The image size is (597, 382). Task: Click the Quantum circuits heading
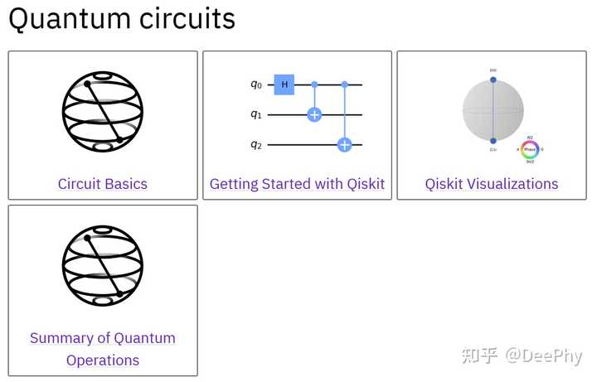122,18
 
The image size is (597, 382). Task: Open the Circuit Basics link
103,184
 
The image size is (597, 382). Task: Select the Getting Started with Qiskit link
297,184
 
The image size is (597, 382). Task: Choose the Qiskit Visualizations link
492,184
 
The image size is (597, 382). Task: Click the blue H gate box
284,85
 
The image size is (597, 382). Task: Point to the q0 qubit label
256,85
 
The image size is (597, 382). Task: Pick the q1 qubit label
256,114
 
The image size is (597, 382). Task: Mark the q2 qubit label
256,145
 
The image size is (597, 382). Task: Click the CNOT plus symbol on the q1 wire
314,114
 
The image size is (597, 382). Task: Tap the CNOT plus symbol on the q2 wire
344,145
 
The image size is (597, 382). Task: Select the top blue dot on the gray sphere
493,80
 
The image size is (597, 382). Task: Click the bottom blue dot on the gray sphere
493,141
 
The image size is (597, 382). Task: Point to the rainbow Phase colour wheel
530,148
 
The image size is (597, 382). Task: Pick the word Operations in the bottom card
103,360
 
